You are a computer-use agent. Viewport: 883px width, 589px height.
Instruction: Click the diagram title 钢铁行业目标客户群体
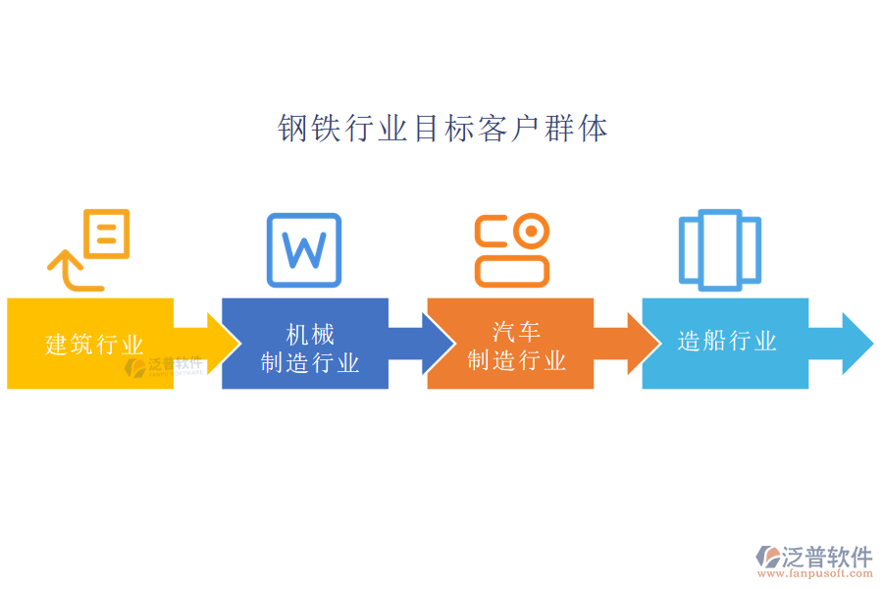[442, 129]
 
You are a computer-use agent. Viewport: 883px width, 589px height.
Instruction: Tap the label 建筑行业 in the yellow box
[94, 345]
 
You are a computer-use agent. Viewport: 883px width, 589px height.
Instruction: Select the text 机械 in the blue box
[310, 335]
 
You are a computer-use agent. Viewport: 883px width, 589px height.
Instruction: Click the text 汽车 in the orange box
[516, 332]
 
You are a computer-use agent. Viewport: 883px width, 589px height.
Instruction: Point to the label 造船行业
[727, 341]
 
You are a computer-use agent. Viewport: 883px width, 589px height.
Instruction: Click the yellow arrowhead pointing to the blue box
[224, 344]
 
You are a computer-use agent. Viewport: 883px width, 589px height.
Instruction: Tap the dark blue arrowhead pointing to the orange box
[439, 344]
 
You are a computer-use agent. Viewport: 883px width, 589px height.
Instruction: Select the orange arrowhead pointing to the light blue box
[645, 344]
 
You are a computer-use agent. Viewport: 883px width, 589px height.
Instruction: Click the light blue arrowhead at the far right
[857, 344]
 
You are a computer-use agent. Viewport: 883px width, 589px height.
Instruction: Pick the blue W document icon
[304, 249]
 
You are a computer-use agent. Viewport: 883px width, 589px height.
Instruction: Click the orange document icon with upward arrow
[89, 249]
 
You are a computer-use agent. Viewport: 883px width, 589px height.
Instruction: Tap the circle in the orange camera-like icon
[531, 231]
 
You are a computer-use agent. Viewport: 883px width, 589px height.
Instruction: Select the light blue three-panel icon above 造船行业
[720, 249]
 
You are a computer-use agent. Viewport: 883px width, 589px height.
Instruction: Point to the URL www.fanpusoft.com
[815, 573]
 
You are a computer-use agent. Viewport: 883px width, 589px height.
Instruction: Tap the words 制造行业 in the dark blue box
[310, 363]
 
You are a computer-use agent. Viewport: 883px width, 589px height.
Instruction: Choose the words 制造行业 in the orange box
[516, 360]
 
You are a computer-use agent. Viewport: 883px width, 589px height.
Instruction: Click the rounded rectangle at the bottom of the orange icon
[512, 271]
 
